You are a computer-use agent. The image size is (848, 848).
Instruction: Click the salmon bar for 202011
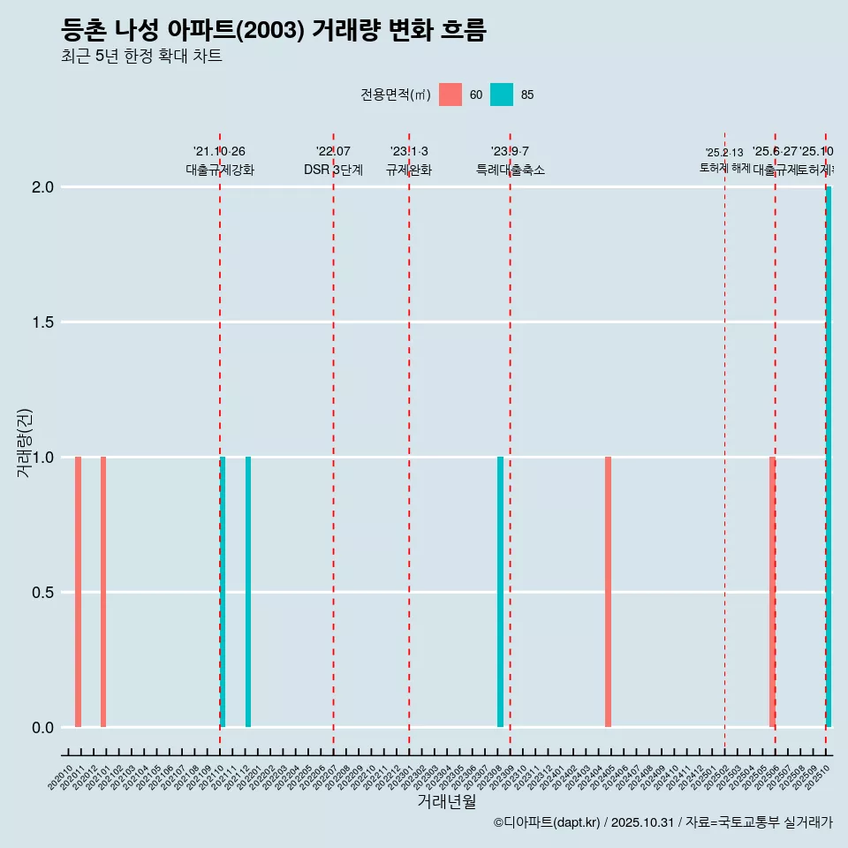click(x=78, y=592)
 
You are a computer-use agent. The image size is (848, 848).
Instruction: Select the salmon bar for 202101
click(x=103, y=592)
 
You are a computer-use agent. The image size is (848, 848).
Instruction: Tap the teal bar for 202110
click(x=223, y=592)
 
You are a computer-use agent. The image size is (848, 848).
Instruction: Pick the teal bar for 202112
click(x=248, y=592)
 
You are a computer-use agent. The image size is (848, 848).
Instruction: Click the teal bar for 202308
click(x=500, y=592)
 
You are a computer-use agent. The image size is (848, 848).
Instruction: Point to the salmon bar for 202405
click(x=608, y=592)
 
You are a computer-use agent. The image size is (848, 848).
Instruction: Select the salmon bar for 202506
click(x=772, y=592)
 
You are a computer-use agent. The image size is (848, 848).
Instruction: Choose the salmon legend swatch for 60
click(x=450, y=95)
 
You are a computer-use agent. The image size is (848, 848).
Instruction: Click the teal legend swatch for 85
click(x=502, y=95)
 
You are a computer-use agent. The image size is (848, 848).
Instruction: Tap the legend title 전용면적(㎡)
click(x=395, y=95)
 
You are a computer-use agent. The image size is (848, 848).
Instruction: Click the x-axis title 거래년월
click(x=446, y=801)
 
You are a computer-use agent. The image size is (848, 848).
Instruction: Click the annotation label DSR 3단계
click(x=333, y=170)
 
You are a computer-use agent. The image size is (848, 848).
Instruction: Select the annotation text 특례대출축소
click(x=510, y=170)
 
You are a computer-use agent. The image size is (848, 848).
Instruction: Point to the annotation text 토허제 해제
click(x=724, y=167)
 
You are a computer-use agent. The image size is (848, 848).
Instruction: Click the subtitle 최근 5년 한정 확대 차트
click(x=141, y=57)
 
